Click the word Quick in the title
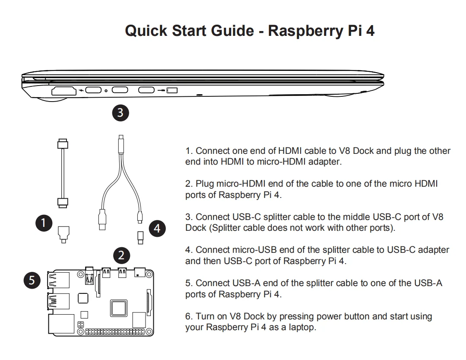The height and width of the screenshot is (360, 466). click(x=146, y=31)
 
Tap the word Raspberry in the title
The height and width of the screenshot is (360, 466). click(x=305, y=31)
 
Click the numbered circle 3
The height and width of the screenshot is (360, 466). click(x=120, y=113)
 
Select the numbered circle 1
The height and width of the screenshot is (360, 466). click(x=44, y=223)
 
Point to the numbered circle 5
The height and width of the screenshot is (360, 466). click(x=32, y=280)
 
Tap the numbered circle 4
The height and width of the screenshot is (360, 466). click(x=157, y=228)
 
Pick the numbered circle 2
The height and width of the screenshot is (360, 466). click(x=121, y=255)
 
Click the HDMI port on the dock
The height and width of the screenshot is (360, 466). click(x=63, y=91)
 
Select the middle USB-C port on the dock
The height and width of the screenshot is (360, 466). click(x=120, y=90)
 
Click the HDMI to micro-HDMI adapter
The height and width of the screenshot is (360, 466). click(x=63, y=235)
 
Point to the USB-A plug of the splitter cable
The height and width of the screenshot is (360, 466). click(x=102, y=220)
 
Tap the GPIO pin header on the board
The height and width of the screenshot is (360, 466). click(x=115, y=331)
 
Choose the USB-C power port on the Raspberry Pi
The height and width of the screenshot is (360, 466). click(x=139, y=272)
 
